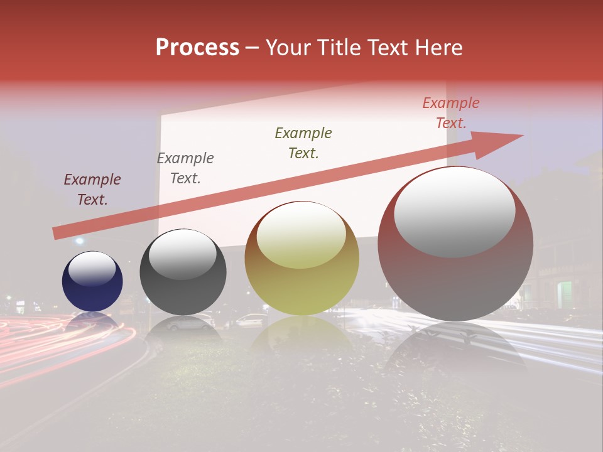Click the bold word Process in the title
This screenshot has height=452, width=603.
click(197, 48)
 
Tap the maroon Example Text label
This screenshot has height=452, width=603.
click(92, 190)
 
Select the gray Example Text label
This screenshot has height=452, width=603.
click(185, 168)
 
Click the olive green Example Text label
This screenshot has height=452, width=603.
click(303, 143)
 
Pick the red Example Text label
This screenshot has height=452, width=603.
click(450, 113)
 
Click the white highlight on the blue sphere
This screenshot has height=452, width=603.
click(92, 269)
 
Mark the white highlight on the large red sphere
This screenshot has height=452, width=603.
click(454, 210)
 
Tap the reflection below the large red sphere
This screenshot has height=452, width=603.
click(455, 345)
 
